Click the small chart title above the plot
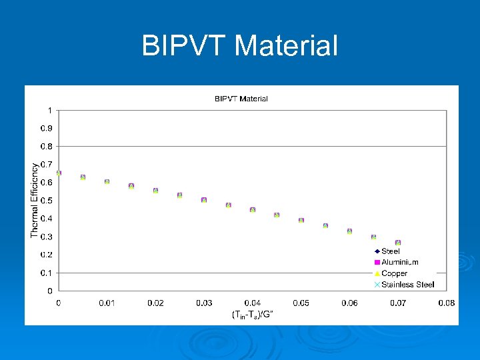pos(241,99)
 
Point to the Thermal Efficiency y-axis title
pos(35,199)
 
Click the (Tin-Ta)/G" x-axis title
pos(252,314)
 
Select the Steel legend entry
pos(390,251)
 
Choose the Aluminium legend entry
pos(399,262)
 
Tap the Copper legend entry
pos(394,273)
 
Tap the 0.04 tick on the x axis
pos(252,303)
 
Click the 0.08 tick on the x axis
pos(446,303)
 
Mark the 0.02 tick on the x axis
pos(155,303)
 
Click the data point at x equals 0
pos(59,173)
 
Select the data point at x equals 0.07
pos(398,243)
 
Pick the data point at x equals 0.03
pos(204,200)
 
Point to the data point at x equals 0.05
pos(301,220)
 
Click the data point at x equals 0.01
pos(107,181)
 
